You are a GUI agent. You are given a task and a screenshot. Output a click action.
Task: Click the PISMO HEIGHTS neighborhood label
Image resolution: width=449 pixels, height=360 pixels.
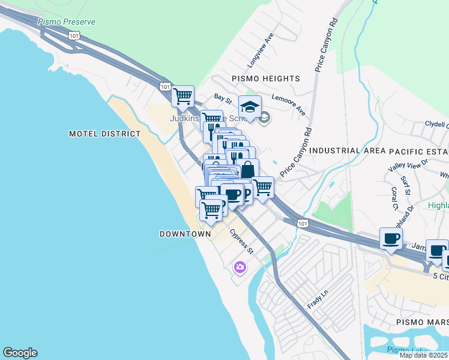[x=265, y=79]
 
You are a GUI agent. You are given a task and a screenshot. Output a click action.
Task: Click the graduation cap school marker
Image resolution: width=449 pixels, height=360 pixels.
[x=250, y=107]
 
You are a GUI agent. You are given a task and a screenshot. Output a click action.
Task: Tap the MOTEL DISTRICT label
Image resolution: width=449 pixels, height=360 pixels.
[x=104, y=134]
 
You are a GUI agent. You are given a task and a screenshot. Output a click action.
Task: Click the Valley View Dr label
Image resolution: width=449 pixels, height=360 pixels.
[x=408, y=162]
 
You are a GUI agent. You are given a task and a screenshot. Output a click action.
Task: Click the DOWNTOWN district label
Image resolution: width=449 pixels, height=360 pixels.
[x=185, y=233]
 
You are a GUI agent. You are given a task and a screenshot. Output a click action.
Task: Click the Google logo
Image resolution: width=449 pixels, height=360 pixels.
[x=20, y=353]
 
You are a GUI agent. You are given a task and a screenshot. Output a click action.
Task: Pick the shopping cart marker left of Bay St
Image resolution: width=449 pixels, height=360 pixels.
[x=182, y=95]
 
